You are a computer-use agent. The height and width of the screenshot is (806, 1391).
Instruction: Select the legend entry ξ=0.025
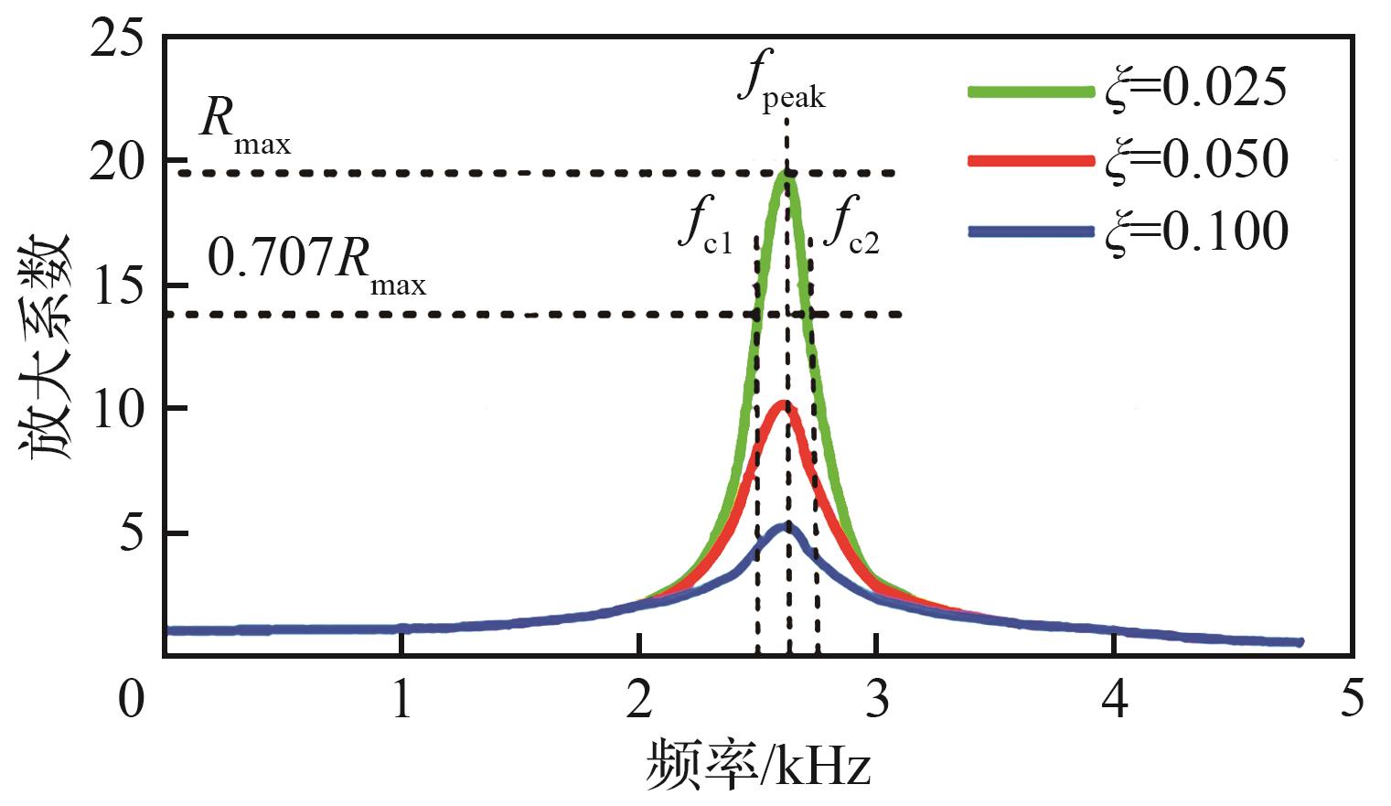[1196, 88]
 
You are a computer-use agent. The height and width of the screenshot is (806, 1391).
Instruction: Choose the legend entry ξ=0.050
[1196, 159]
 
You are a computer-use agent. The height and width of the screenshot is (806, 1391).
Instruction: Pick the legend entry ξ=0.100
[1196, 231]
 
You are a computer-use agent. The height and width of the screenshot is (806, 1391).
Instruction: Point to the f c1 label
[705, 229]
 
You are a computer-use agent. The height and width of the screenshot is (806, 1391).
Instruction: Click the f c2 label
[851, 229]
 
